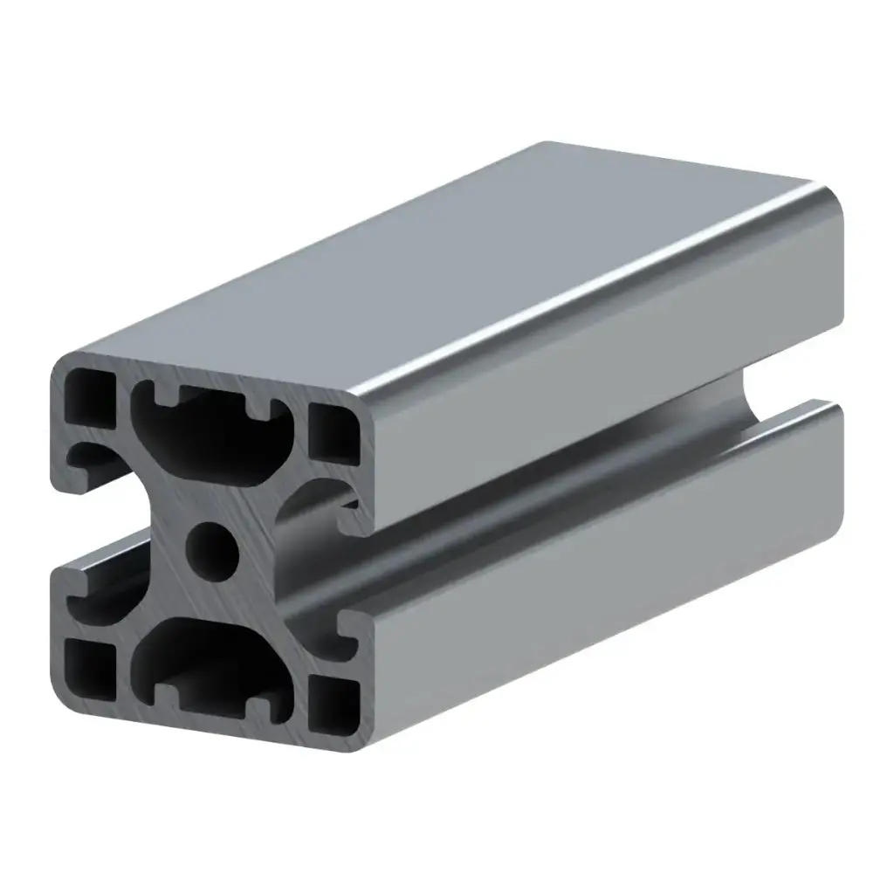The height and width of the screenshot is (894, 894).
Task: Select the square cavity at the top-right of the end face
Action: [334, 433]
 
